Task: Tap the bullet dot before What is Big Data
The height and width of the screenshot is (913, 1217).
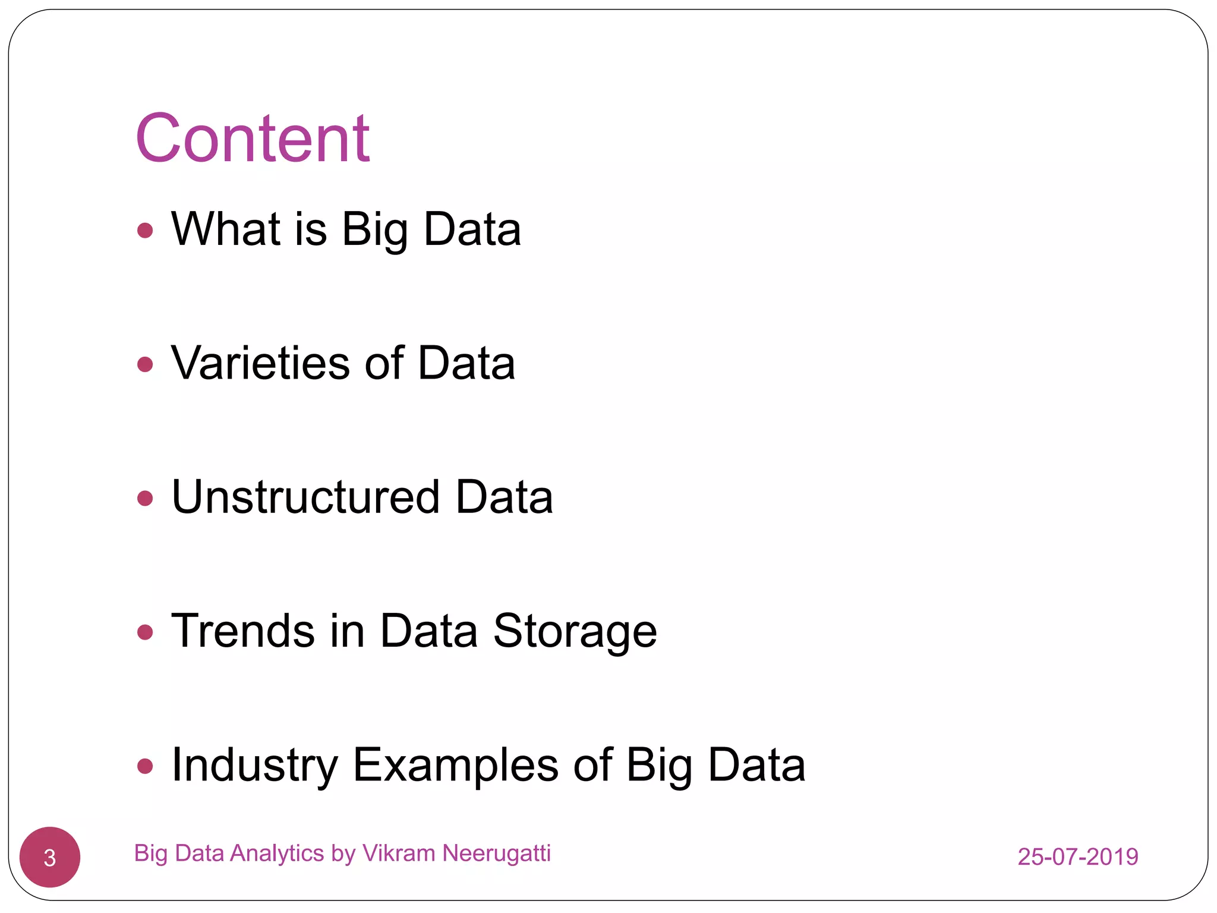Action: coord(145,230)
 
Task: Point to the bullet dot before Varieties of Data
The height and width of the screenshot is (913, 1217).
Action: coord(145,364)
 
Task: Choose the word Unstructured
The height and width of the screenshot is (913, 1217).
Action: coord(305,497)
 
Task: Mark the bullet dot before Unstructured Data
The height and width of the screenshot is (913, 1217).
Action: coord(145,498)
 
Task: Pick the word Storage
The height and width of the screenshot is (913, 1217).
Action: coord(575,632)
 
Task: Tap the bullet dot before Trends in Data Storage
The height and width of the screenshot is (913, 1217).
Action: coord(145,631)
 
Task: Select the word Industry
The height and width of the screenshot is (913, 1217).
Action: coord(254,766)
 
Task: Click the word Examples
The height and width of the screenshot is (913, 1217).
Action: coord(455,766)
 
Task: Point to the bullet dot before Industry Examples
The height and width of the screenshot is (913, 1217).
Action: coord(145,766)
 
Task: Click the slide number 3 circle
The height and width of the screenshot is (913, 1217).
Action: coord(50,857)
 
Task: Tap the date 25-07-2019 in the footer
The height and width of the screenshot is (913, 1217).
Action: coord(1077,857)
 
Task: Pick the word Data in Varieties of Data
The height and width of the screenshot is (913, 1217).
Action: coord(466,363)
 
